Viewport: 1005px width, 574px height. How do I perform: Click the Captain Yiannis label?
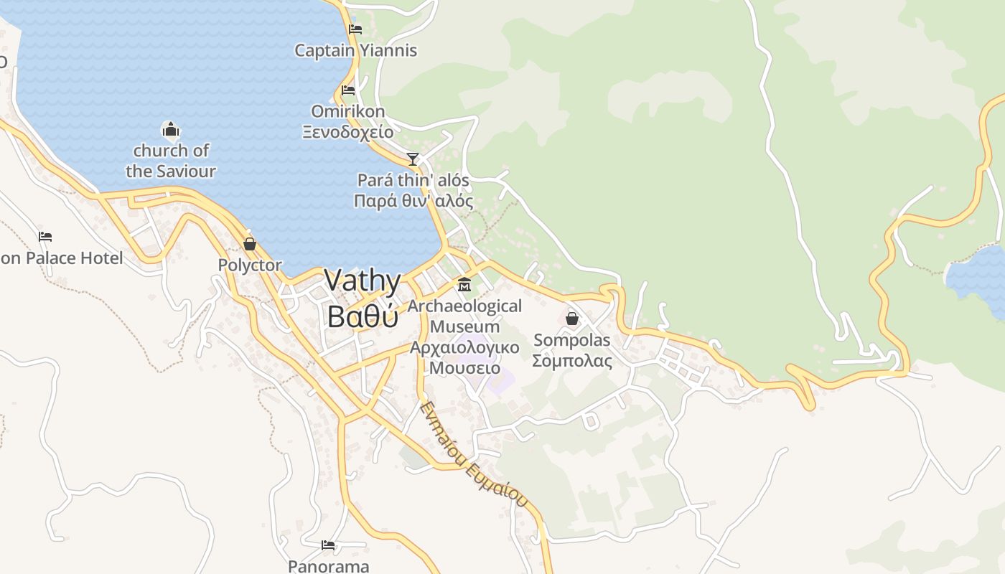[x=355, y=51]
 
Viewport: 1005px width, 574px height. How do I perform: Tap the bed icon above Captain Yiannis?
[x=355, y=29]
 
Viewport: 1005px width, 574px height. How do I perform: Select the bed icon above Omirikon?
[x=348, y=90]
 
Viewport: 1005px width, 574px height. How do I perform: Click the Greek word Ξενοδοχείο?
[x=347, y=132]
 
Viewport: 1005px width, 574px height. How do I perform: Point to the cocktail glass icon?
[x=413, y=159]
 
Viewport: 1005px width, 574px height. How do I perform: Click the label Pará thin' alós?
[x=413, y=180]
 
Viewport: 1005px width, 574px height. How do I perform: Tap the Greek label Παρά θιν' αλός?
[x=413, y=200]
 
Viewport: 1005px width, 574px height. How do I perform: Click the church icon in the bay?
[x=171, y=130]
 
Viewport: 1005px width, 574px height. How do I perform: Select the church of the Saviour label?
[x=171, y=161]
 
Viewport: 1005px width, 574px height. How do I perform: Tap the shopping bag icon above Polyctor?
[x=250, y=244]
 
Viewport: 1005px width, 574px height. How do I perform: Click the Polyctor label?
[x=250, y=265]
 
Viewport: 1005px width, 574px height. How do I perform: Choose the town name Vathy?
[x=362, y=280]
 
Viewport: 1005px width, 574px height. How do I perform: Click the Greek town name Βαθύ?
[x=362, y=316]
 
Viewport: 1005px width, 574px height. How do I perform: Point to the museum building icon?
[x=464, y=285]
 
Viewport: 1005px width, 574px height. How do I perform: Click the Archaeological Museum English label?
[x=464, y=316]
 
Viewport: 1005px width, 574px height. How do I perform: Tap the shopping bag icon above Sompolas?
[x=572, y=318]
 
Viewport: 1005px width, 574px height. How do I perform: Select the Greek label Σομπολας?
[x=572, y=361]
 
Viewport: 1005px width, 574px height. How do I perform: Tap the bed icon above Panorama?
[x=328, y=545]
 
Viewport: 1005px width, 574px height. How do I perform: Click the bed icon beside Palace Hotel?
[x=45, y=236]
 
